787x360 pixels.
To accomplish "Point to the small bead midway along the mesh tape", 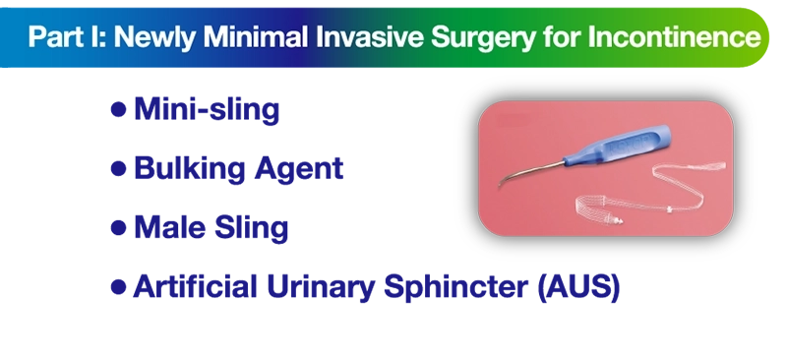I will click(670, 209).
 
